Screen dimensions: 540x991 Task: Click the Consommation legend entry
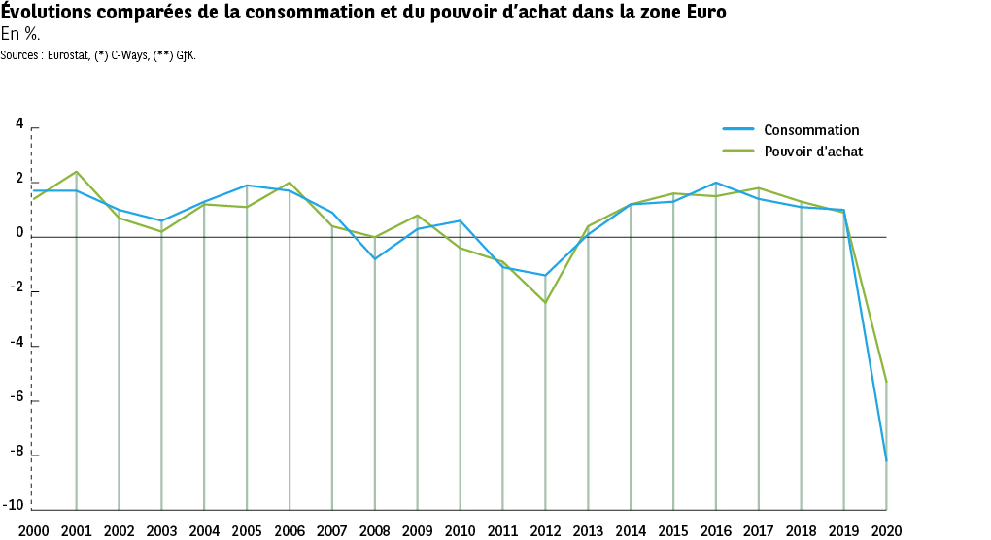tap(810, 130)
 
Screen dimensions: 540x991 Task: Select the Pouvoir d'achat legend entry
tap(812, 152)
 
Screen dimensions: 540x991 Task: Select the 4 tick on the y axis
tap(19, 124)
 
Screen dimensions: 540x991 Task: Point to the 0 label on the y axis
tap(19, 233)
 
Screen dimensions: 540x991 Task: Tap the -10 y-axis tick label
tap(16, 505)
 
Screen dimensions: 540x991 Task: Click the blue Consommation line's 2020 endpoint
tap(887, 460)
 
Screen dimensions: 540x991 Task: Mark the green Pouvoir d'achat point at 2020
tap(887, 382)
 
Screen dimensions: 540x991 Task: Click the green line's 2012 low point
tap(545, 302)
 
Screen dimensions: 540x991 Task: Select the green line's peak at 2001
tap(76, 172)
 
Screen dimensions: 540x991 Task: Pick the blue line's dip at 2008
tap(375, 258)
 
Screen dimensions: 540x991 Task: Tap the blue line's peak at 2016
tap(716, 183)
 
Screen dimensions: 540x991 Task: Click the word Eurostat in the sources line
tap(66, 54)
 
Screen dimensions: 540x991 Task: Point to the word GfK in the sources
tap(185, 54)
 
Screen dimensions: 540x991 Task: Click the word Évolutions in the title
tap(46, 13)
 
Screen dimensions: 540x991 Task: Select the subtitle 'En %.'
tap(20, 35)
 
